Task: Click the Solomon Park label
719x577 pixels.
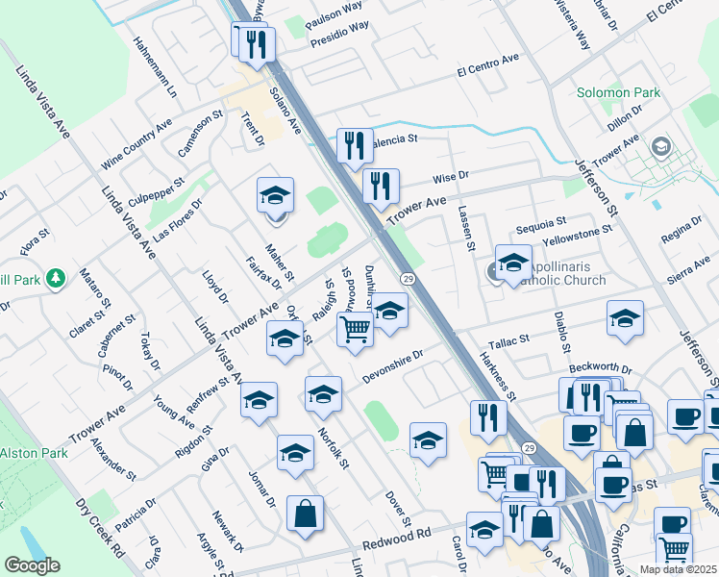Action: point(619,93)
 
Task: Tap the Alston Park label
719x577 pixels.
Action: point(32,453)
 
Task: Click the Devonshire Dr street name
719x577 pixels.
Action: point(392,368)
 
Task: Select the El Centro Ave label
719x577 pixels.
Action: point(487,64)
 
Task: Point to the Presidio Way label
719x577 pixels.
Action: point(339,35)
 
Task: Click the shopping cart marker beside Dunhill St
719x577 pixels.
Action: point(355,329)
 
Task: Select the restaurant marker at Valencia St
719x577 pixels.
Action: point(354,146)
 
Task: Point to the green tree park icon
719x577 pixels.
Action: point(57,278)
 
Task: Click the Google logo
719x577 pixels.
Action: point(32,565)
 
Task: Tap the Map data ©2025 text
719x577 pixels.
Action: point(678,569)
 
